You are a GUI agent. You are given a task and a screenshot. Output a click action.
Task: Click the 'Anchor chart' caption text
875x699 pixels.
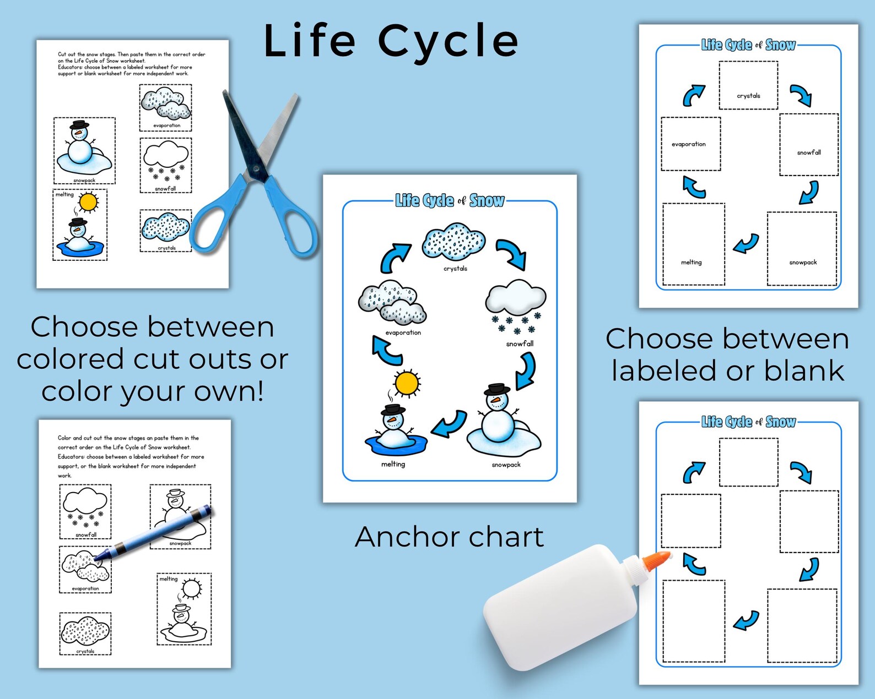[449, 537]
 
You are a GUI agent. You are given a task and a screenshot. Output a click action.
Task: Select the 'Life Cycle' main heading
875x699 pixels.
[391, 41]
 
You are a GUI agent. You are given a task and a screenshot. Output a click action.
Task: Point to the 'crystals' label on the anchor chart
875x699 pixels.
[455, 269]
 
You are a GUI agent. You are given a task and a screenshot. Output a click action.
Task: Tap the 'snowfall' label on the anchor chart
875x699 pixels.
[520, 343]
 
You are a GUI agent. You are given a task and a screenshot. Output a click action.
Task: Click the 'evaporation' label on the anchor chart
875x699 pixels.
[403, 332]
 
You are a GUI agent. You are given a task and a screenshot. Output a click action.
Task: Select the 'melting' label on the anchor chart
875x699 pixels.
[393, 464]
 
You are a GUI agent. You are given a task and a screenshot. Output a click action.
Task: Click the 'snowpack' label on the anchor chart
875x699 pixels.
[506, 465]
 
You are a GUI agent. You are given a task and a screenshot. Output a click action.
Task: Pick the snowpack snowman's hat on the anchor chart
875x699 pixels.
[496, 390]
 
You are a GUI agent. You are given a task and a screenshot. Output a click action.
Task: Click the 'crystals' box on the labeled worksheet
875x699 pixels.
[748, 85]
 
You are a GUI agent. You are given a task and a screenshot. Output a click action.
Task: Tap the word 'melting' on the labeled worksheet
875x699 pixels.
[691, 263]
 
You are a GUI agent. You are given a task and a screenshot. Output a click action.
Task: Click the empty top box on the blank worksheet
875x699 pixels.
[748, 462]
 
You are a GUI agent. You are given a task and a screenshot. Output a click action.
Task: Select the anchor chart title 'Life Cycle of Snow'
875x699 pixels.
[450, 201]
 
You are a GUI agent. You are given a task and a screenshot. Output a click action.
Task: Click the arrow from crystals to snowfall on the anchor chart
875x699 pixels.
[512, 253]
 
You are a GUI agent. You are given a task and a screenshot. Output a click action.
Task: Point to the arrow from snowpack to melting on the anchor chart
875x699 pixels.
[450, 424]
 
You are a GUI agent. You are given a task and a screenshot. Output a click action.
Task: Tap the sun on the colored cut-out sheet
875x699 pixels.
[88, 203]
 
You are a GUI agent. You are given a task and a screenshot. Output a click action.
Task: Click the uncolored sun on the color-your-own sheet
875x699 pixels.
[191, 589]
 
